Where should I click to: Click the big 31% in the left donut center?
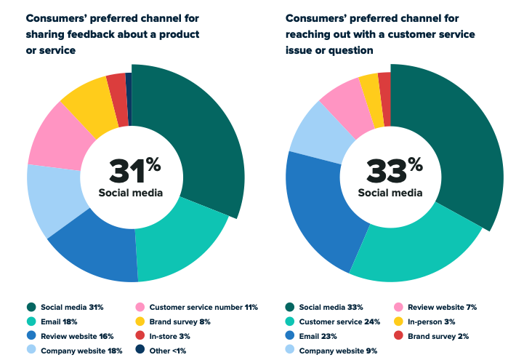click(134, 171)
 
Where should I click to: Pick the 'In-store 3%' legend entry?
click(174, 336)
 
